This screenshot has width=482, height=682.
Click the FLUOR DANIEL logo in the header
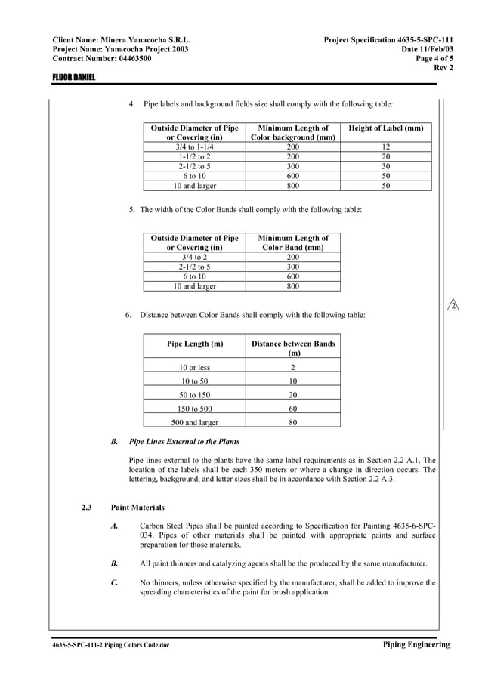[73, 78]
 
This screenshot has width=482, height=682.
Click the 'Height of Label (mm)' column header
[385, 129]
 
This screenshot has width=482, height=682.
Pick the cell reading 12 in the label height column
[385, 147]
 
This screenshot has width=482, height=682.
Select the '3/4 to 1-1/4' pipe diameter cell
[195, 147]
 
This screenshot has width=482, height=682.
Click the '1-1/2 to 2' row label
[195, 157]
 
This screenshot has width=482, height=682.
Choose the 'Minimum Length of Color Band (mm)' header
[293, 242]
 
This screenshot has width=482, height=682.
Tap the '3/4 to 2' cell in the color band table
[195, 257]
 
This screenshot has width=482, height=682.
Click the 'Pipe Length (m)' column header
[195, 344]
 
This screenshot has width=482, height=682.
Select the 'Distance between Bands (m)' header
[293, 348]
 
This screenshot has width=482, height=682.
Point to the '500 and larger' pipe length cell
[195, 423]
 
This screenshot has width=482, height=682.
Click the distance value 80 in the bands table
[293, 423]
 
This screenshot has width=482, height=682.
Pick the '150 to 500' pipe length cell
[195, 409]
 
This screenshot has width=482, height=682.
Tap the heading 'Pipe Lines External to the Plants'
[185, 441]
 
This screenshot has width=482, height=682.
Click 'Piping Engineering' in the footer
[416, 644]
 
